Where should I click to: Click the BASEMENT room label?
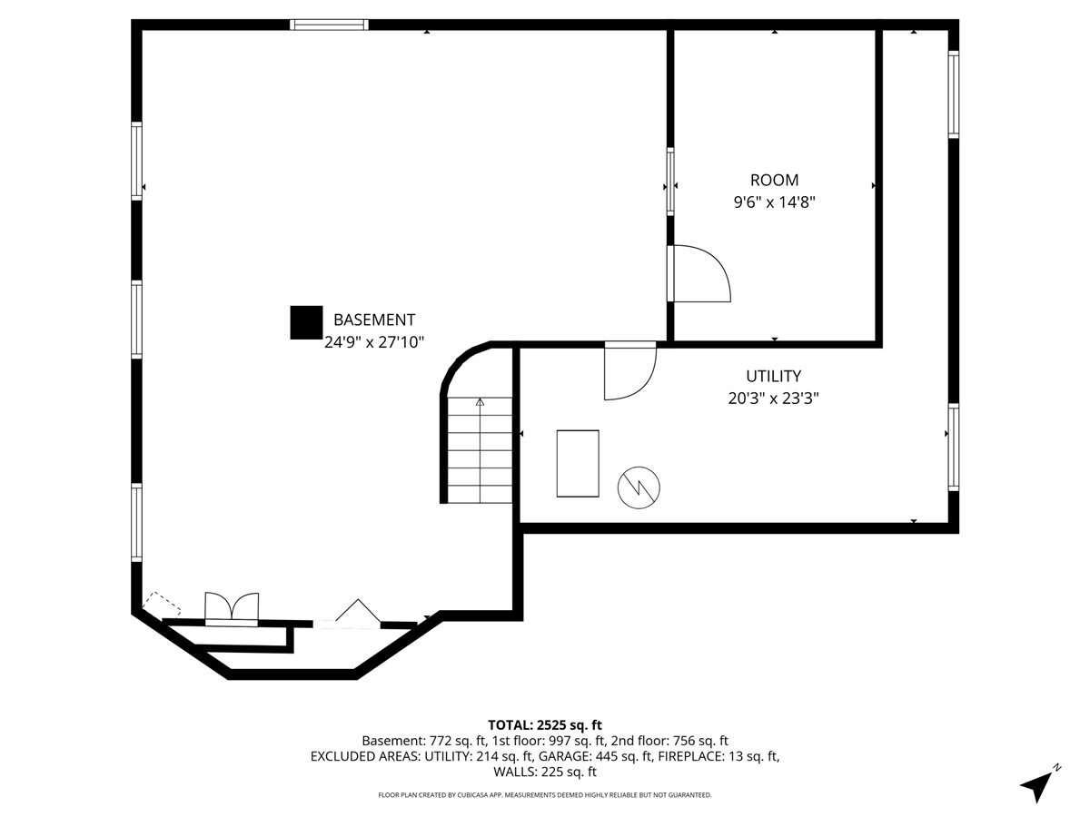pos(374,320)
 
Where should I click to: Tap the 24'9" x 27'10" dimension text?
pos(374,342)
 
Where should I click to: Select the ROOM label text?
pos(774,180)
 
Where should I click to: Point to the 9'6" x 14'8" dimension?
pos(774,202)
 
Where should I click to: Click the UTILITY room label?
pos(773,376)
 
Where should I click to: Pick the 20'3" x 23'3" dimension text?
pos(773,399)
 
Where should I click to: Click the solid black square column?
pos(306,322)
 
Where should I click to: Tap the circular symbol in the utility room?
pos(639,487)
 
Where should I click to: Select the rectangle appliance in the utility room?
pos(578,463)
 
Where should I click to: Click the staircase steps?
pos(480,450)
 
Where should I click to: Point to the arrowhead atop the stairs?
pos(480,402)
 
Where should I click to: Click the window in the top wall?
pos(329,25)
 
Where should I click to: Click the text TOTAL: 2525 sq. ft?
pos(545,724)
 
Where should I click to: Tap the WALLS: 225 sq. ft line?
pos(545,772)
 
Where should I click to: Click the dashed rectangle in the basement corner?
pos(162,604)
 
